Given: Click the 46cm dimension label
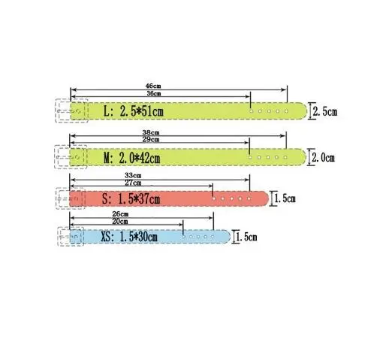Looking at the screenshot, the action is pyautogui.click(x=153, y=86).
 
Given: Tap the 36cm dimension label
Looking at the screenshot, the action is pyautogui.click(x=154, y=93).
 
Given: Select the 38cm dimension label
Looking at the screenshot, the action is pyautogui.click(x=151, y=132).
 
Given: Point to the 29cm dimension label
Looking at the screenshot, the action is pyautogui.click(x=151, y=139).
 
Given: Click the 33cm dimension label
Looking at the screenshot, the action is pyautogui.click(x=133, y=176).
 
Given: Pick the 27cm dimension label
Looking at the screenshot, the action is pyautogui.click(x=133, y=183).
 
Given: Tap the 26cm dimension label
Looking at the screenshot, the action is pyautogui.click(x=120, y=214).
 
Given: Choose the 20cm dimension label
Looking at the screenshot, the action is pyautogui.click(x=120, y=222).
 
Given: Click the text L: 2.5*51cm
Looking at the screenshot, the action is pyautogui.click(x=134, y=111).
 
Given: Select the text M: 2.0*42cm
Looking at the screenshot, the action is pyautogui.click(x=132, y=158).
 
